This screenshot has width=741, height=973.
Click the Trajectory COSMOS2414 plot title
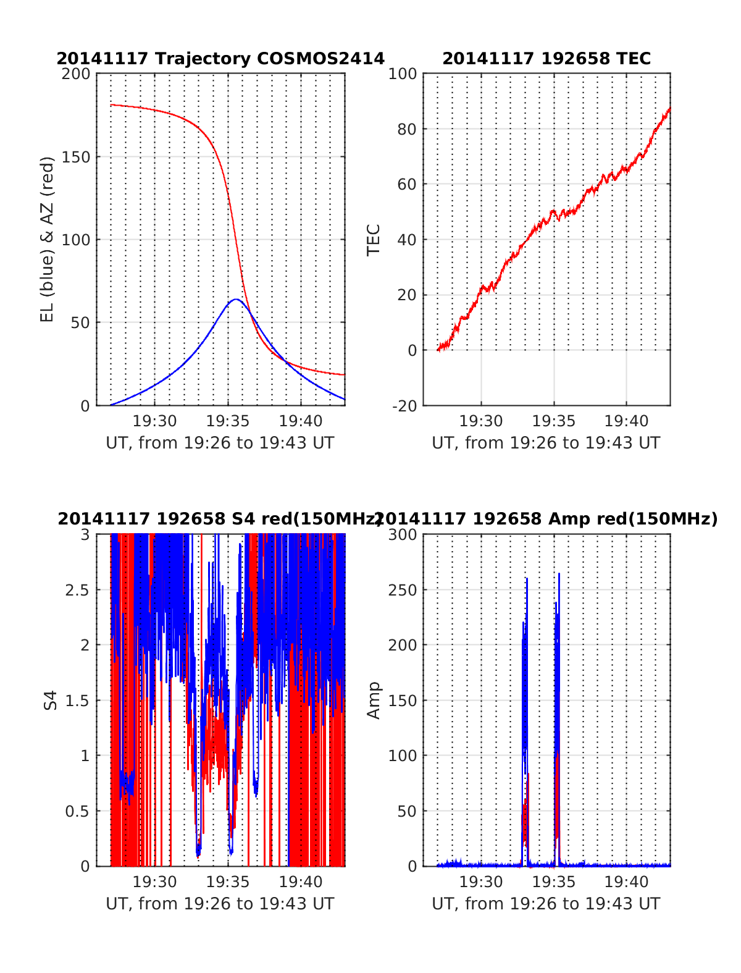pos(220,59)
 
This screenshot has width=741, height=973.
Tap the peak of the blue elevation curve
pos(236,300)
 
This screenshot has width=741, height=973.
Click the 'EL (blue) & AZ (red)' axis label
pos(48,239)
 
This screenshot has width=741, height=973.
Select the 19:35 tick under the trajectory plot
pos(228,421)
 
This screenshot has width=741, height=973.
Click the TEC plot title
pos(546,59)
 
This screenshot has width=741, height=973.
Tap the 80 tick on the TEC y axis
pos(408,129)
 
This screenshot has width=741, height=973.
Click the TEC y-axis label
pos(374,239)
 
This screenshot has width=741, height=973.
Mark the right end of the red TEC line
pos(669,109)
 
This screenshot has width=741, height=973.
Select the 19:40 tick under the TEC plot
pos(626,421)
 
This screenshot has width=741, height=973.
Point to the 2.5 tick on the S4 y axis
pos(77,590)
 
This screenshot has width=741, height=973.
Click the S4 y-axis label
pos(51,700)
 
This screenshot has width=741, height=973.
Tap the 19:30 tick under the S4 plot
pos(155,882)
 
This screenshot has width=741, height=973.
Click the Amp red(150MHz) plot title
pos(546,519)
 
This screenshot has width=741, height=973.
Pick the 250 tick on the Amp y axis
pos(403,590)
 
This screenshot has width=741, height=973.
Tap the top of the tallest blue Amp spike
pos(559,574)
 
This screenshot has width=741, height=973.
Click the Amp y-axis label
pos(374,700)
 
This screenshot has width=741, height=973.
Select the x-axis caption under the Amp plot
pos(546,904)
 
